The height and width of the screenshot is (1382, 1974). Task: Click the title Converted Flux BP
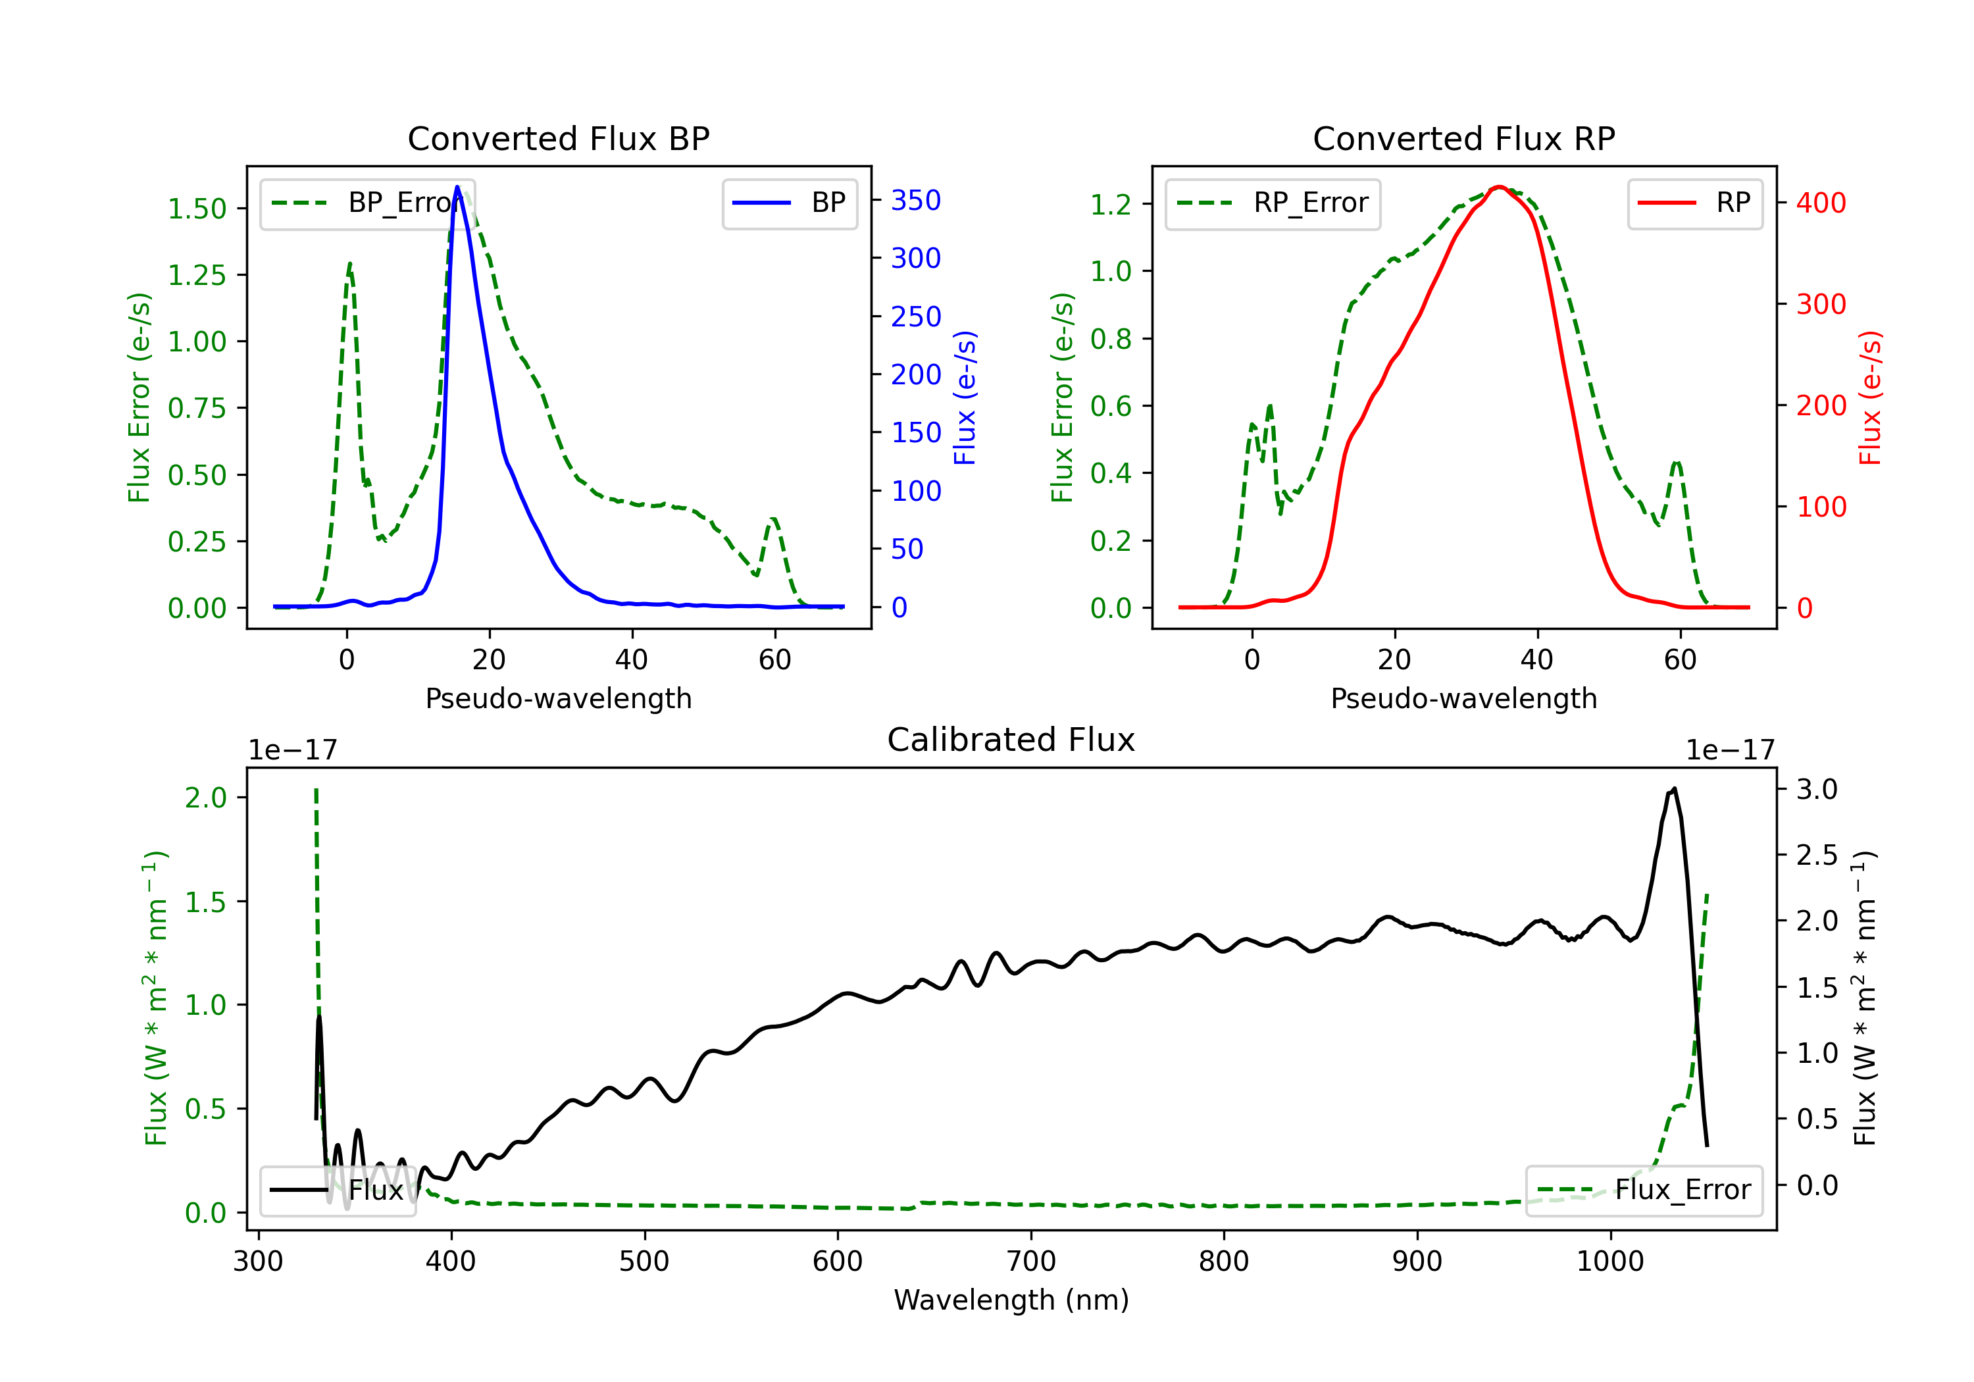point(558,138)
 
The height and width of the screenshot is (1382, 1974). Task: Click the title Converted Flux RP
point(1463,138)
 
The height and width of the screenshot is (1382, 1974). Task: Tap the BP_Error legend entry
point(368,203)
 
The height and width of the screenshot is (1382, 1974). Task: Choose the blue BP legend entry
point(789,203)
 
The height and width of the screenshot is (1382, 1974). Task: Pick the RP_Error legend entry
point(1273,203)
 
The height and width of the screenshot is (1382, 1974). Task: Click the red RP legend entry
point(1694,203)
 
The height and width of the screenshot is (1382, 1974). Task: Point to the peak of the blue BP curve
point(457,187)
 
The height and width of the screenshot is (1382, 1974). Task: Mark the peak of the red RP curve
point(1498,187)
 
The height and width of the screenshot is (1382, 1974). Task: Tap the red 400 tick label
point(1820,203)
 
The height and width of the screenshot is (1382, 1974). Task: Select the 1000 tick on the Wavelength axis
point(1609,1262)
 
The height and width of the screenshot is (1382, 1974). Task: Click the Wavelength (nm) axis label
point(1011,1300)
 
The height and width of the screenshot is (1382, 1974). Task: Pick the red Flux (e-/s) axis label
point(1870,397)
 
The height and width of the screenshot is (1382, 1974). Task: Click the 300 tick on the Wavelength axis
point(258,1262)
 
